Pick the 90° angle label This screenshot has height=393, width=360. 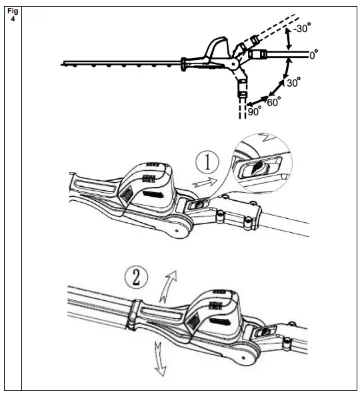pyautogui.click(x=254, y=112)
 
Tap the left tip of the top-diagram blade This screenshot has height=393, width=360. pyautogui.click(x=61, y=65)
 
